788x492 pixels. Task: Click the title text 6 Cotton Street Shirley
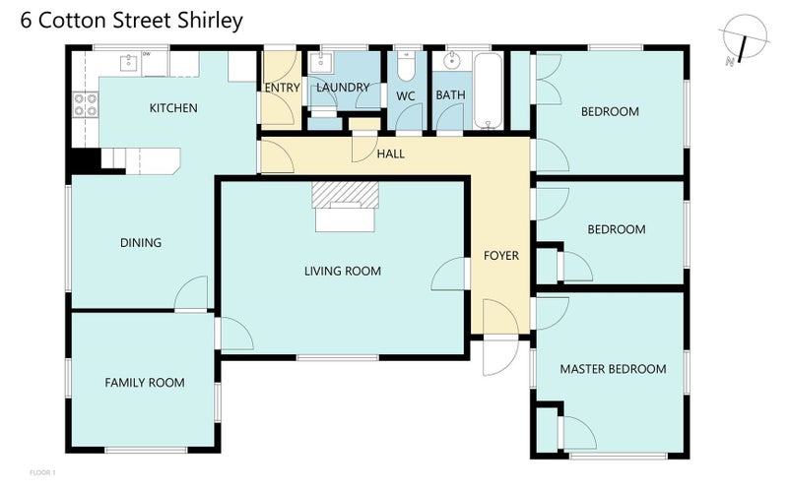point(130,21)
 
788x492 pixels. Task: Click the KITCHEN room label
point(173,108)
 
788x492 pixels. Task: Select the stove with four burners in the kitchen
point(85,104)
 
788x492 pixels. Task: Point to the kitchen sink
point(128,63)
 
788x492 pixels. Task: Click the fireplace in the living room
point(345,207)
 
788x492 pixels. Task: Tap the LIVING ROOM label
point(342,271)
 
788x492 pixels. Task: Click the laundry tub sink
point(321,64)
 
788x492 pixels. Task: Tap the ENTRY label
point(283,88)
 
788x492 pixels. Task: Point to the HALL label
point(391,154)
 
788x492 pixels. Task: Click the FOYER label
point(500,256)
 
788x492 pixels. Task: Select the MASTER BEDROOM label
point(613,369)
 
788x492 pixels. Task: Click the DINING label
point(141,243)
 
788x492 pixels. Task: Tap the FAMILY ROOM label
point(145,383)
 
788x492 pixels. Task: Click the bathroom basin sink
point(451,62)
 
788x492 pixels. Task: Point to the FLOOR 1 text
point(42,473)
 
